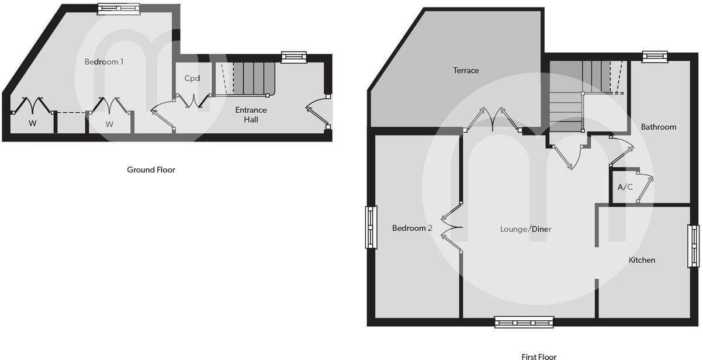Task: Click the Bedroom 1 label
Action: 104,61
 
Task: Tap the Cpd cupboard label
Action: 192,78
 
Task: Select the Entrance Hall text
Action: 251,115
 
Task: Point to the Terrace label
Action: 466,70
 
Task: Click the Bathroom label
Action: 659,127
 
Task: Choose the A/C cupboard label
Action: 625,188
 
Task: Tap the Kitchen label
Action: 642,260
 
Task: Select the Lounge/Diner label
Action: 525,229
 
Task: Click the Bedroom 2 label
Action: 412,228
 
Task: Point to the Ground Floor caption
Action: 151,170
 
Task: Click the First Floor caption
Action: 539,356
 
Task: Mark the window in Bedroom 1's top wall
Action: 119,8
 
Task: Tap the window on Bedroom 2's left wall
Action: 370,227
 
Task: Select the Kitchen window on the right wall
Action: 693,246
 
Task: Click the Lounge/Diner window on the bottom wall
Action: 524,321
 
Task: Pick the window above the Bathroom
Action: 654,57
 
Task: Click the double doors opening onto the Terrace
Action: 493,119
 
